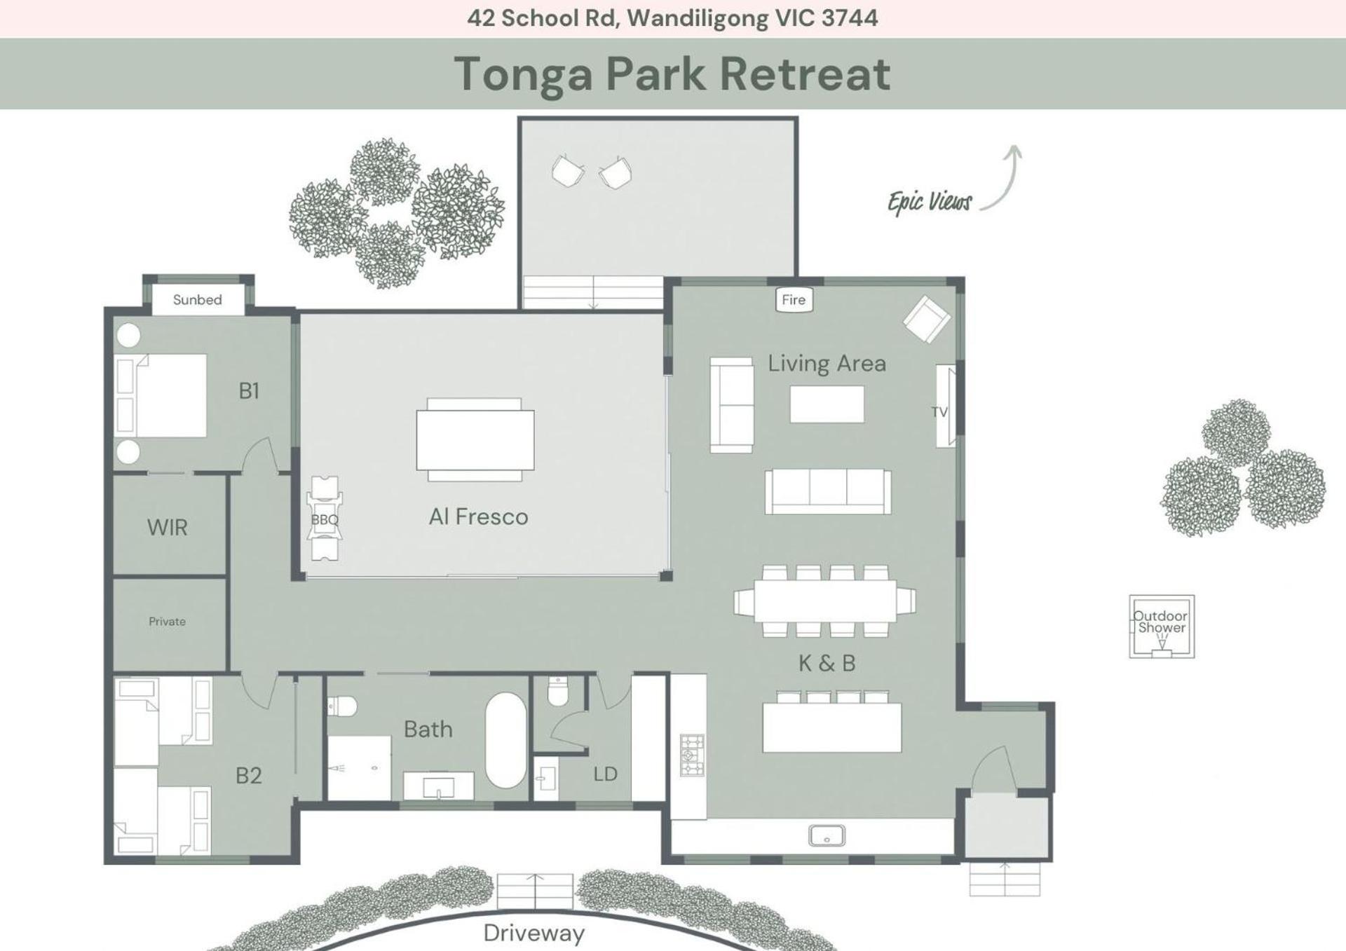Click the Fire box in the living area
[794, 299]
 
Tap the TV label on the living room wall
[939, 412]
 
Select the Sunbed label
[198, 300]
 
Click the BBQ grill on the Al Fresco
[324, 519]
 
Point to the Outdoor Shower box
[1162, 627]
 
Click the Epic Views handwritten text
[930, 202]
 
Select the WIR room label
[168, 528]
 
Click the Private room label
[167, 622]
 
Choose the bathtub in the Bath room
[505, 741]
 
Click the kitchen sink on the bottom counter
[827, 835]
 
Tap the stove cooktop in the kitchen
[692, 755]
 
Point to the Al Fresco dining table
[475, 440]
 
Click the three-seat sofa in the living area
[828, 491]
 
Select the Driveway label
[534, 933]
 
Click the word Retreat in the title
[805, 74]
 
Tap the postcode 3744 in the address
[850, 18]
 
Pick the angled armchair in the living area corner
[927, 320]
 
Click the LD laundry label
[605, 774]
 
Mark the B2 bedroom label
[248, 776]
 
